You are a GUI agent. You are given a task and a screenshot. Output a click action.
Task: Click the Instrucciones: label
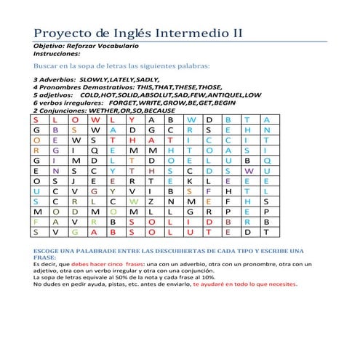57,54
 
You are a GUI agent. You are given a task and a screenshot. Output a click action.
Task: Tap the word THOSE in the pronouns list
210,87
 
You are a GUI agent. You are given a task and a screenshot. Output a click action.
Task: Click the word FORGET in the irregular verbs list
122,103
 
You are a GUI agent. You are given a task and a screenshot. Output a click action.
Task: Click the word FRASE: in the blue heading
45,257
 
